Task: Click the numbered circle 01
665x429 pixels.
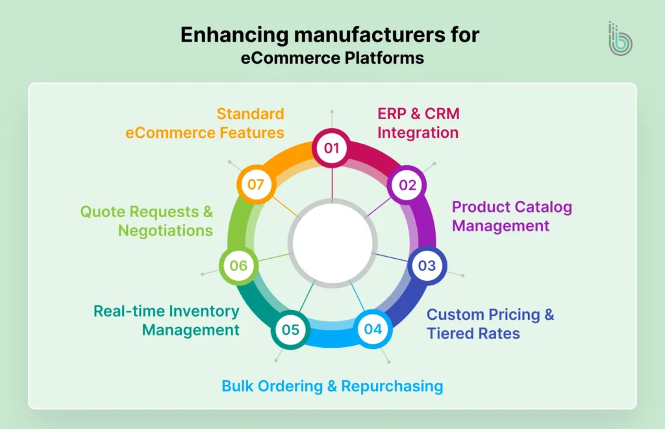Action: tap(332, 148)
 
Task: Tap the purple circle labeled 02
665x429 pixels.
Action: tap(407, 185)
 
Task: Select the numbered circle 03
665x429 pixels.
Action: tap(427, 265)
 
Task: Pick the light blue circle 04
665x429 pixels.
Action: tap(373, 329)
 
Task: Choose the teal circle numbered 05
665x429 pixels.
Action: tap(290, 330)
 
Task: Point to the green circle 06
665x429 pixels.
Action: tap(238, 265)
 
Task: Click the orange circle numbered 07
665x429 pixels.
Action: tap(255, 185)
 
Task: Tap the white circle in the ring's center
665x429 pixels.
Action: tap(332, 242)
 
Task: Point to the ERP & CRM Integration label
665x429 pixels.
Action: tap(418, 123)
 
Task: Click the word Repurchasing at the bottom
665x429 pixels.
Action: tap(392, 386)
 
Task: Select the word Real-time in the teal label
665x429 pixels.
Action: tap(129, 311)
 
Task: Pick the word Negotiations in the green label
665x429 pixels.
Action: tap(166, 230)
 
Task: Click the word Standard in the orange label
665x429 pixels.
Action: tap(250, 114)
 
